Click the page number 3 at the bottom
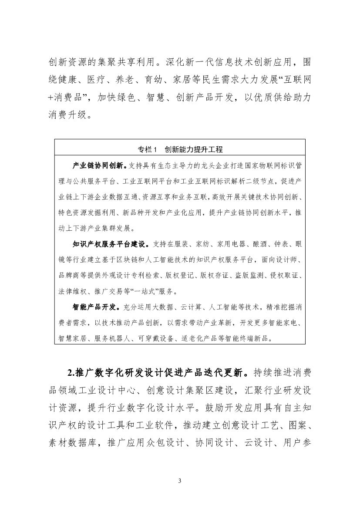tap(180, 480)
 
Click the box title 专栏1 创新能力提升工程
tap(180, 149)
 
